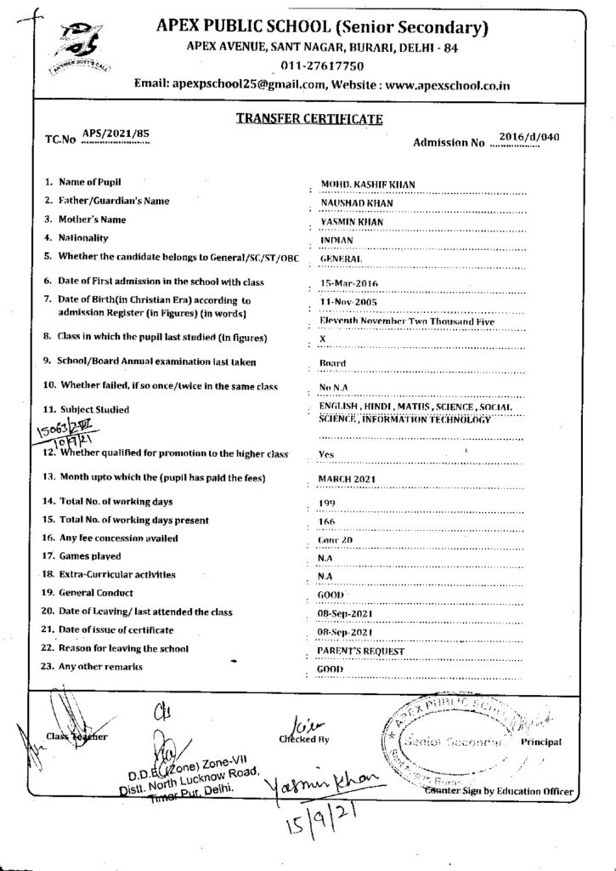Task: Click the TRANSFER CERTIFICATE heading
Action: coord(309,120)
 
